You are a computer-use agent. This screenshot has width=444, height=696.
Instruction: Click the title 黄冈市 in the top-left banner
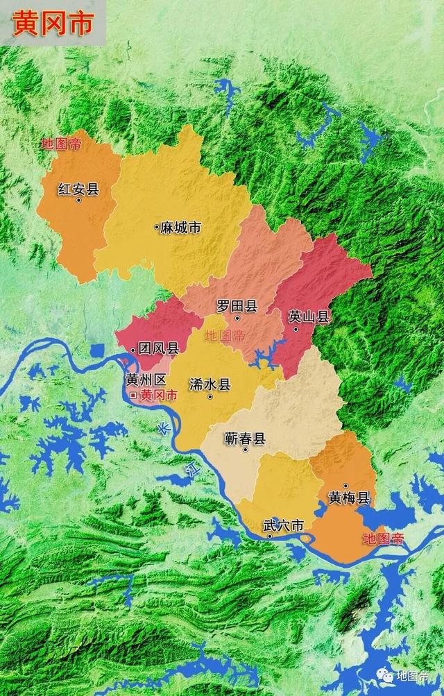[53, 23]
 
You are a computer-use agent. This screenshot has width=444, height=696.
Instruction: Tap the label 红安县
[78, 189]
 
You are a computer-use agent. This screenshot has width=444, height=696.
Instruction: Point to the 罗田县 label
[237, 305]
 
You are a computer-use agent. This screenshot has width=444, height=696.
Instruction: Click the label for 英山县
[309, 317]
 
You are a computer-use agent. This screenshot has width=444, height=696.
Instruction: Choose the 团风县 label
[159, 348]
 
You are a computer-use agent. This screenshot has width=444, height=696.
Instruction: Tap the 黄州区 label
[146, 380]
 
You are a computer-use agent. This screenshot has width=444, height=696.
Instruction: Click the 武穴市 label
[284, 526]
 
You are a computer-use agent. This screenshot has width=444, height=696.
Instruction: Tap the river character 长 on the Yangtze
[162, 428]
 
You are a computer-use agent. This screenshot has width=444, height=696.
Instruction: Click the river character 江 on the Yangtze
[188, 473]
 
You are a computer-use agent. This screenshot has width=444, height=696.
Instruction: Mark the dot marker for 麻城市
[156, 227]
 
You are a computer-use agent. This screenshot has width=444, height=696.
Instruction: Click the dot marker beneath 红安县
[78, 201]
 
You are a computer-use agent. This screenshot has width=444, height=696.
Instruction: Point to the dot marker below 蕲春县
[245, 450]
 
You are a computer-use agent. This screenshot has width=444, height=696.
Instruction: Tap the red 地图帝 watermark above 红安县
[61, 144]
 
